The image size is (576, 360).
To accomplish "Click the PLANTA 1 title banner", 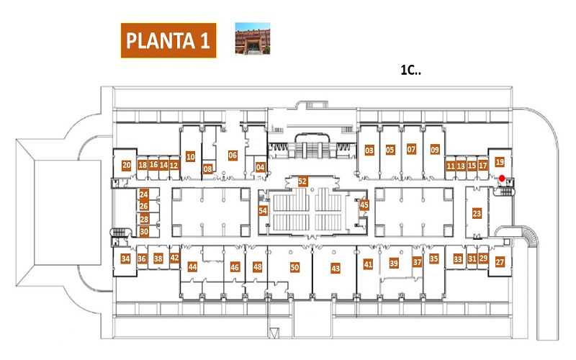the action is tap(168, 40).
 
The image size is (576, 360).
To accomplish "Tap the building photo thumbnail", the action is tap(253, 39).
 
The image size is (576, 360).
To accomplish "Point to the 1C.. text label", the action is tap(410, 70).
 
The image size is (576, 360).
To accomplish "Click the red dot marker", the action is tap(502, 178).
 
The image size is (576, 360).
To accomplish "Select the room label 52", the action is tap(302, 181).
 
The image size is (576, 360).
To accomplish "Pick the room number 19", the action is tap(500, 162).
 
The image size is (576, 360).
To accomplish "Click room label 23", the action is tap(477, 213).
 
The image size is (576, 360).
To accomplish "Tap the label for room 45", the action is tap(364, 205).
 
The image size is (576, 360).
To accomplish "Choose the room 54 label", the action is tap(263, 211).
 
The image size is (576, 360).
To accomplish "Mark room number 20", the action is tap(127, 166).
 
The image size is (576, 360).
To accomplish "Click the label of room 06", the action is tap(233, 156).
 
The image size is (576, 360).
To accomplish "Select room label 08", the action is tap(208, 169).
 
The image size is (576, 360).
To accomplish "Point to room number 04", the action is tap(261, 168).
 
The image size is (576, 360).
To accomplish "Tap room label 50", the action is tap(294, 267).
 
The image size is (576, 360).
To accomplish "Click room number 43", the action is tap(336, 269).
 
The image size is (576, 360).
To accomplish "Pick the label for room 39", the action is tap(394, 263).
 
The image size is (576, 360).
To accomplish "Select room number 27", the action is tap(500, 262).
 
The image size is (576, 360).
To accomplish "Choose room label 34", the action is tap(125, 258).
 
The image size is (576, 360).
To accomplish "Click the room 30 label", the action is tap(144, 232).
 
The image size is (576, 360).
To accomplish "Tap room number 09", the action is tap(435, 150).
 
